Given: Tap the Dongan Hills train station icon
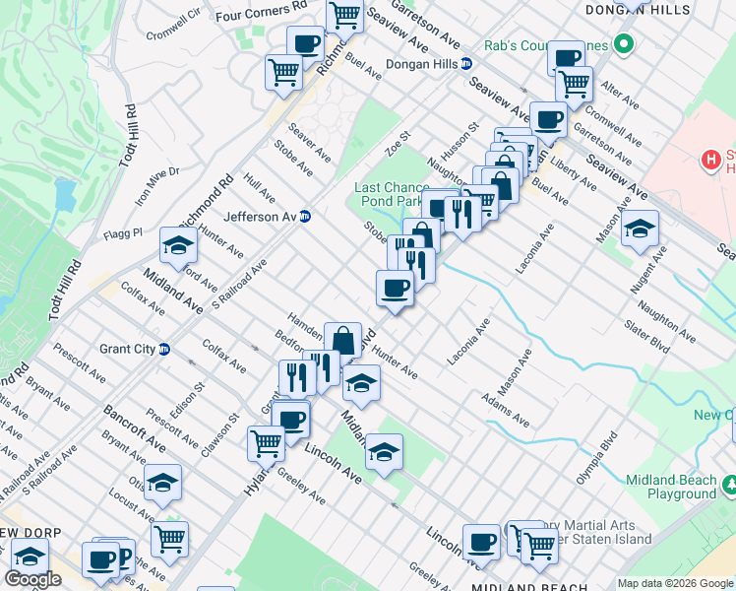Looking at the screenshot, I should click(x=466, y=64).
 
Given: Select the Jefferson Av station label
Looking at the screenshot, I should click(x=260, y=217).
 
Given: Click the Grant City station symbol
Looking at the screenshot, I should click(x=164, y=349).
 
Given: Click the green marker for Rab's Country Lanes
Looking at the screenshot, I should click(x=622, y=44).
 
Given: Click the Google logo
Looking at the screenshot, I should click(x=32, y=579).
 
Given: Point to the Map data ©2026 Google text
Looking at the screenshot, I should click(x=675, y=583).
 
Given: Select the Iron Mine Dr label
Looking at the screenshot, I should click(x=157, y=184).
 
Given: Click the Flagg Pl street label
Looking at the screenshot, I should click(x=123, y=234).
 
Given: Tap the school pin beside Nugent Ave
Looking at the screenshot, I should click(x=640, y=230).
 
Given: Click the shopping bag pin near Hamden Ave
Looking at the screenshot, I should click(x=342, y=340).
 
